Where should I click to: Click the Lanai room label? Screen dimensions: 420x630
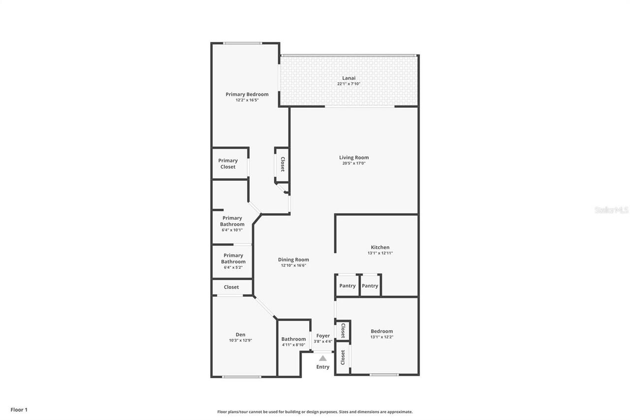348,78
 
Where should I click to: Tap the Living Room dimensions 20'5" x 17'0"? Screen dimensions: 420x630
354,163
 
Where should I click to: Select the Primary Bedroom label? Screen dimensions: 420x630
247,94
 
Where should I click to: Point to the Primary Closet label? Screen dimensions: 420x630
228,163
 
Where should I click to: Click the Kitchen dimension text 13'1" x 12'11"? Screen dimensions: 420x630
380,253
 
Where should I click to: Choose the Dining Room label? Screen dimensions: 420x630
293,259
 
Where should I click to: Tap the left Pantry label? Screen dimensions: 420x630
347,286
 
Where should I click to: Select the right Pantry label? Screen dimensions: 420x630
370,286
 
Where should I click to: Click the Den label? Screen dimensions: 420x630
240,335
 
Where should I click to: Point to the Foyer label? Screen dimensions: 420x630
323,336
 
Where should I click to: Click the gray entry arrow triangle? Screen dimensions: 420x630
322,358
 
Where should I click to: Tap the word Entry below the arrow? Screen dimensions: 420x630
323,367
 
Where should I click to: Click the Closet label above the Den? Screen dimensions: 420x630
231,287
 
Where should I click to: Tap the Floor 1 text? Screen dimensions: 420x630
19,410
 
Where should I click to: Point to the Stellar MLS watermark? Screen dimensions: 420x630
611,210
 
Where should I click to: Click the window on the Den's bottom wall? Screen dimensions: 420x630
241,377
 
